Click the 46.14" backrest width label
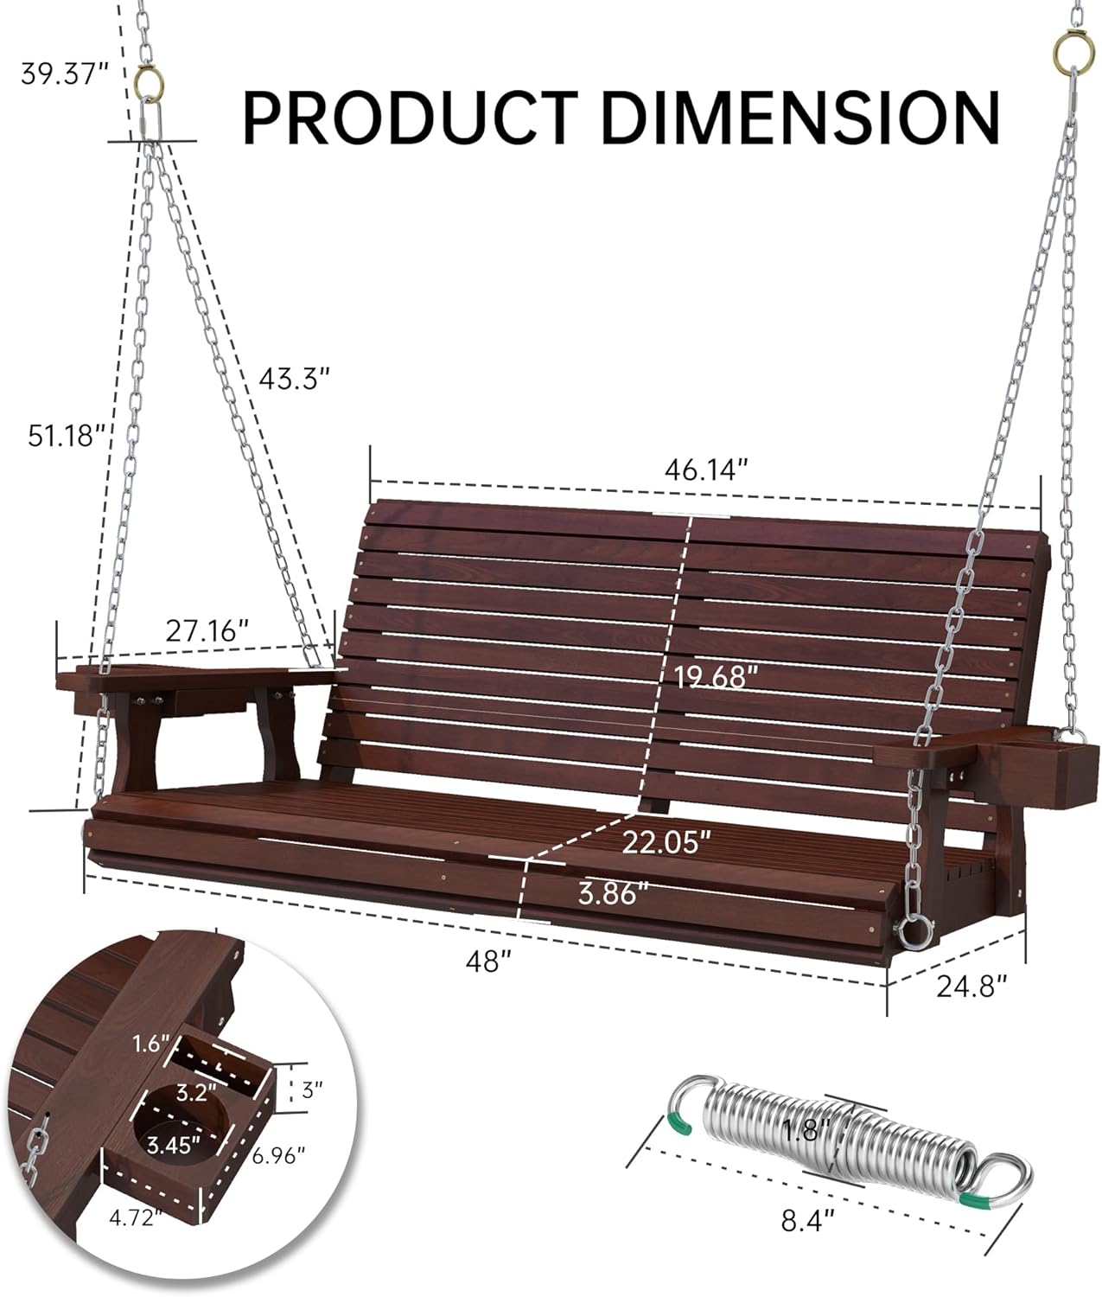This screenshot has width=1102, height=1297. (x=705, y=470)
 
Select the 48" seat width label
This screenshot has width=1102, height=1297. (x=487, y=961)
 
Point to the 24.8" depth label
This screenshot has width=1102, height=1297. (x=972, y=985)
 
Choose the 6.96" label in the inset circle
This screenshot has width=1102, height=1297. (x=278, y=1154)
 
